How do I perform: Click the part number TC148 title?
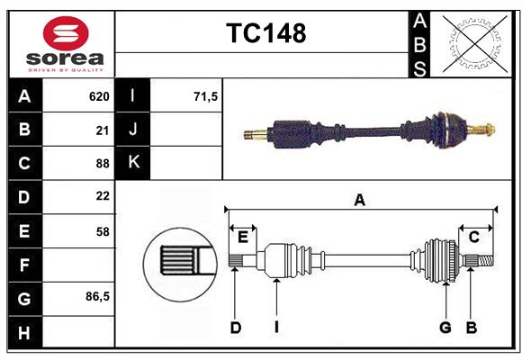265,33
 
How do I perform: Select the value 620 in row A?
99,96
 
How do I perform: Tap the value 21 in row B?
103,130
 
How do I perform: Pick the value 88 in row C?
103,163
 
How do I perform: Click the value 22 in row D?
103,196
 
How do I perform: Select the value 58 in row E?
103,230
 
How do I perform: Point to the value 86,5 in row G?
98,296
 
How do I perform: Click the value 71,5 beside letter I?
206,96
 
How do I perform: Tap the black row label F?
24,265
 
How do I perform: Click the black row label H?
24,332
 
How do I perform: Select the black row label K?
133,163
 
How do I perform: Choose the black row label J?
133,130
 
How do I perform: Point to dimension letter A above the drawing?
360,200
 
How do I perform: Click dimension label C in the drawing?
473,238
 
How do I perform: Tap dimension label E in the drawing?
243,238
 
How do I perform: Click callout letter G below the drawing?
445,328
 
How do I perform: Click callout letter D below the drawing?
235,328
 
